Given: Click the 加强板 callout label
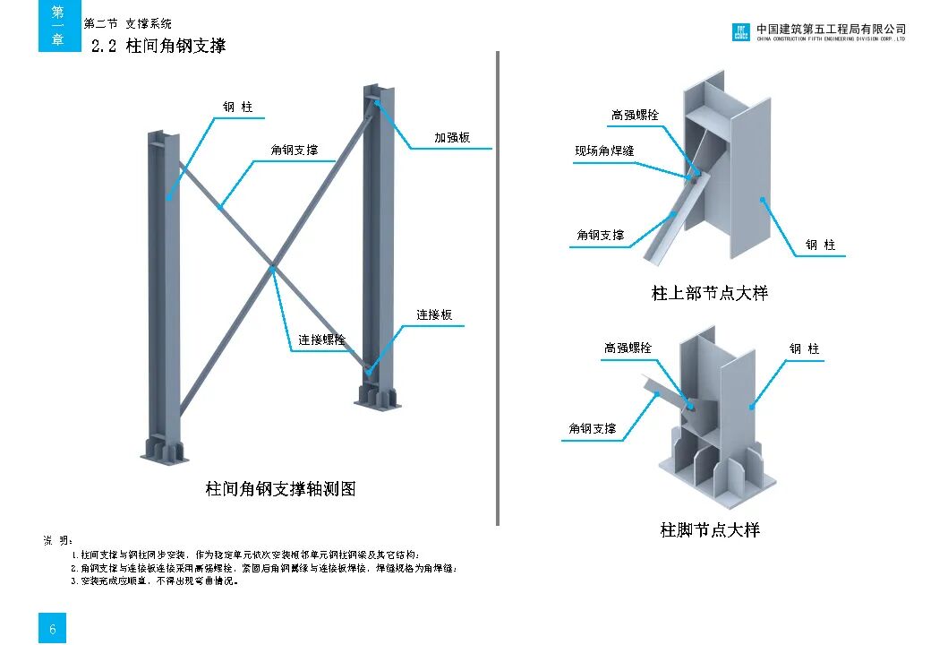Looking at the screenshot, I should click(452, 138).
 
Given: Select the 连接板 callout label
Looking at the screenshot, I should click(434, 315).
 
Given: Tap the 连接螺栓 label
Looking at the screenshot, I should click(321, 340).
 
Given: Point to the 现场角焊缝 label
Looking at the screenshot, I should click(604, 151).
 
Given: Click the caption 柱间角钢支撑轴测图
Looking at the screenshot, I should click(280, 489).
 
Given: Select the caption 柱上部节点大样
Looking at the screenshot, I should click(709, 293).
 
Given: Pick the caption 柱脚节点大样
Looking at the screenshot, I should click(710, 530).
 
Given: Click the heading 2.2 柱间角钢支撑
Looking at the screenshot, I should click(158, 46).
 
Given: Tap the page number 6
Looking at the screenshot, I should click(53, 630).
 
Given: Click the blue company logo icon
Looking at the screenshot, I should click(741, 33).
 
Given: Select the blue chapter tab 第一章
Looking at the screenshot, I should click(57, 26).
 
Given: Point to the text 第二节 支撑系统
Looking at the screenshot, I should click(128, 24).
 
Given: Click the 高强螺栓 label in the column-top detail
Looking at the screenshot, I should click(635, 116).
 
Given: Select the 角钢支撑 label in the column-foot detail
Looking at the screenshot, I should click(593, 429).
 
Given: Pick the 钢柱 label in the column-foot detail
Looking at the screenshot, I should click(804, 349).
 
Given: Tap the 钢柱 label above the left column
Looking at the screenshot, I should click(238, 107).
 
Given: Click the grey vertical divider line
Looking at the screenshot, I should click(497, 287).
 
